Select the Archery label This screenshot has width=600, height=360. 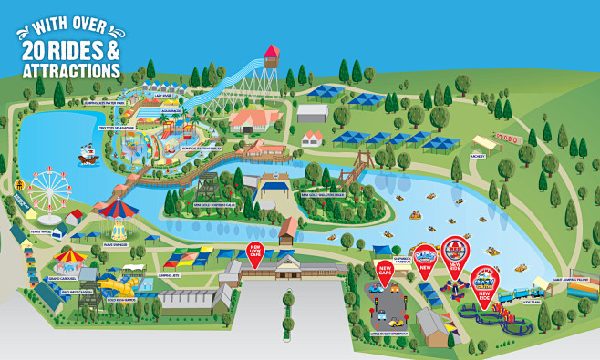[x=478, y=156]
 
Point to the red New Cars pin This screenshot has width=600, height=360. [x=385, y=272]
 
